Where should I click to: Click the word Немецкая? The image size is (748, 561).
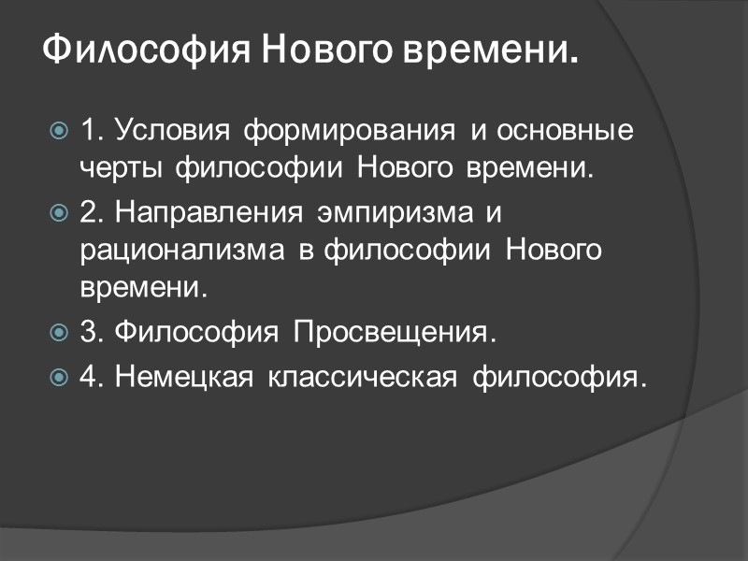coord(181,378)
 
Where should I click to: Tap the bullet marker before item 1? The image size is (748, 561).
coord(58,131)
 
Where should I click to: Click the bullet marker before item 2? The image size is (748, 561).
coord(58,212)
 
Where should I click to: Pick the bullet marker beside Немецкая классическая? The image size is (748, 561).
coord(58,378)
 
